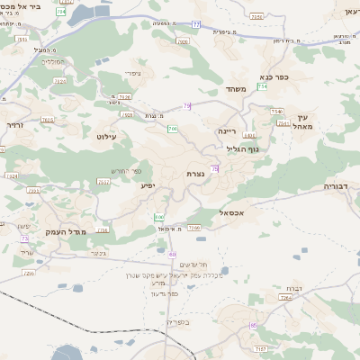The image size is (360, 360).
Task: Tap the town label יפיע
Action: (148, 185)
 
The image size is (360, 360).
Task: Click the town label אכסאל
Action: (233, 212)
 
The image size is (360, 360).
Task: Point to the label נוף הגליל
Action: (242, 149)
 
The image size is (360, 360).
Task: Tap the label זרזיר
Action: (13, 125)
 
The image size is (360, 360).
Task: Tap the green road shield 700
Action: (172, 130)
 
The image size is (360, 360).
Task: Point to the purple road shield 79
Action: (186, 106)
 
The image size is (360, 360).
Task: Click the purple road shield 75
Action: (214, 168)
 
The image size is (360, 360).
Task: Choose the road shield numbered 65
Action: (255, 325)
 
